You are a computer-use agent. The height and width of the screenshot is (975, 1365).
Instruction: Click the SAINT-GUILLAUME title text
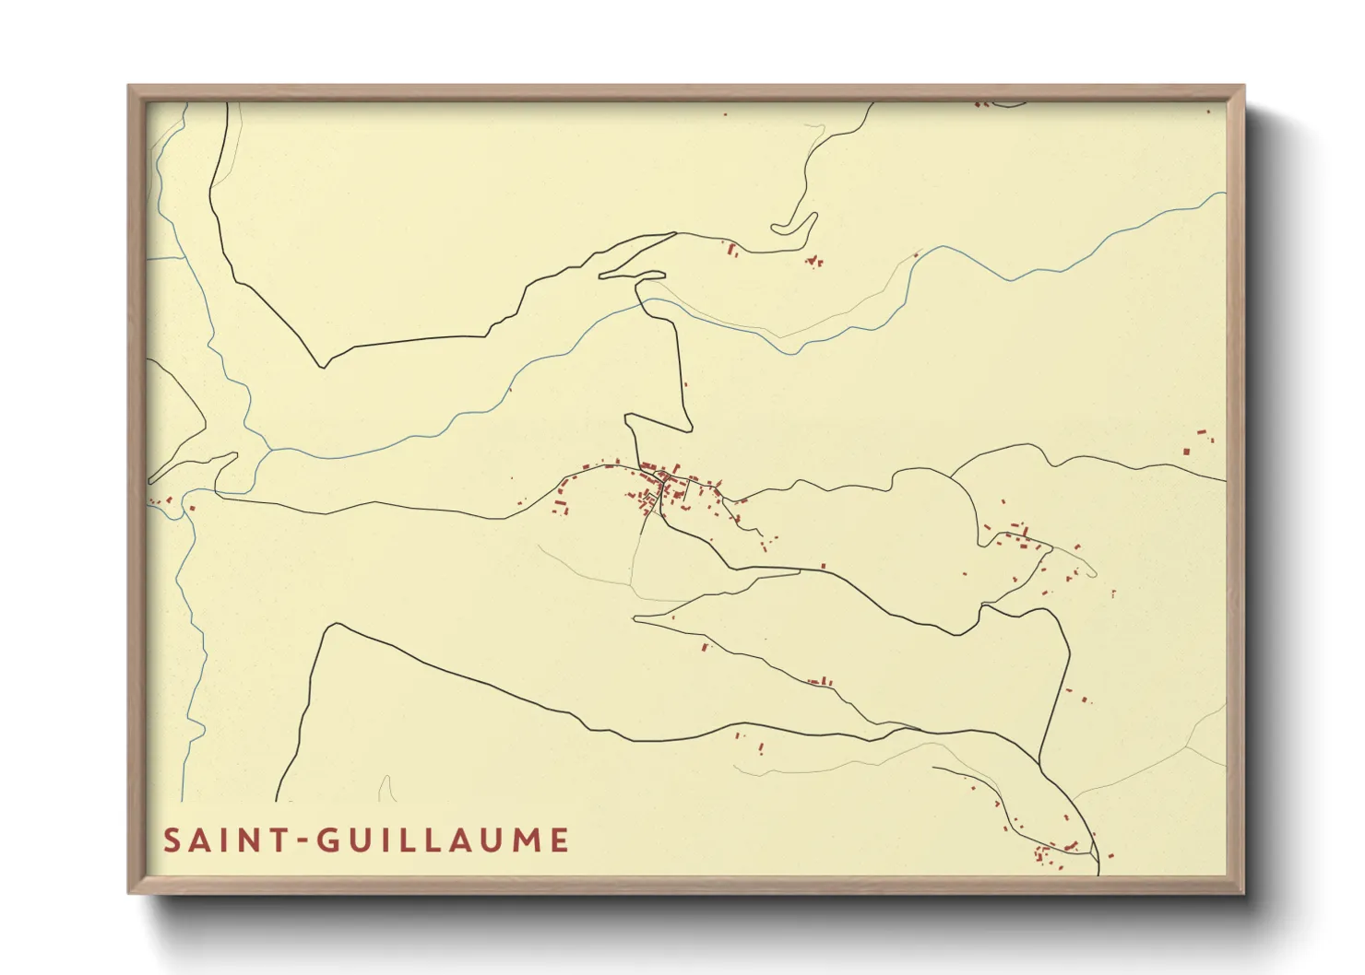pyautogui.click(x=366, y=840)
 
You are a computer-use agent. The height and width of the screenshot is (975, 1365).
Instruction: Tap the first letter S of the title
pyautogui.click(x=172, y=840)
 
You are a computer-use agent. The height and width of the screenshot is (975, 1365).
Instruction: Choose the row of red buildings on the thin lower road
pyautogui.click(x=820, y=682)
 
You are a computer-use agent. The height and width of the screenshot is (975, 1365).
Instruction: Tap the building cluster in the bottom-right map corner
pyautogui.click(x=1051, y=852)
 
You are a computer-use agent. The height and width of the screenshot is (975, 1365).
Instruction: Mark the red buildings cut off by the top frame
pyautogui.click(x=983, y=104)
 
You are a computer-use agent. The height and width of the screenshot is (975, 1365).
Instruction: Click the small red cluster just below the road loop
pyautogui.click(x=813, y=262)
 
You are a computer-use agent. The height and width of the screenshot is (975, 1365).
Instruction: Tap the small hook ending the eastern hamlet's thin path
pyautogui.click(x=1092, y=573)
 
